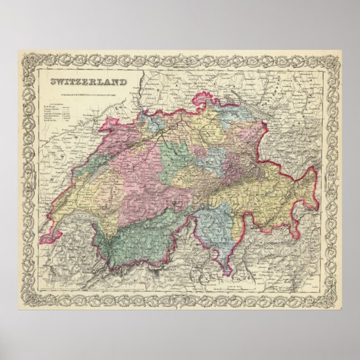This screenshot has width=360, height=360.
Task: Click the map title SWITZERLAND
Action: [88, 82]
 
